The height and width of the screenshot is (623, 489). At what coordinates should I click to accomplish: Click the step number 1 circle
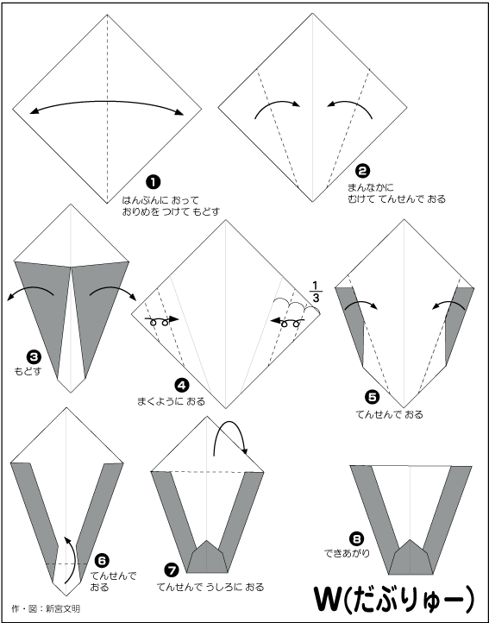154,182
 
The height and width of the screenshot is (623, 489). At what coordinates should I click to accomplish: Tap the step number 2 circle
362,171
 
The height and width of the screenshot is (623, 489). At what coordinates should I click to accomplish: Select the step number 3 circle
34,356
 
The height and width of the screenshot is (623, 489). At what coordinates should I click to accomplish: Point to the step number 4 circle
181,385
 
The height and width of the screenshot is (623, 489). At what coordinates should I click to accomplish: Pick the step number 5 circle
372,397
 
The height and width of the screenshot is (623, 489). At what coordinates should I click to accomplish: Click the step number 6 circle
102,561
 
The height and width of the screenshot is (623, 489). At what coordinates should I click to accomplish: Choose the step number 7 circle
172,570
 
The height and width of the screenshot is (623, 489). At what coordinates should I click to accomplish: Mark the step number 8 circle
356,539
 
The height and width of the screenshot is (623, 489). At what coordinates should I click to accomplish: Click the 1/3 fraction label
316,292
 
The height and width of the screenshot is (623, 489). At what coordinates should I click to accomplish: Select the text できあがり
348,552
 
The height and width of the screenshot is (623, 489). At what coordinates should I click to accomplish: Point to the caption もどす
28,372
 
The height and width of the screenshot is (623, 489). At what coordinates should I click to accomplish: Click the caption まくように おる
172,401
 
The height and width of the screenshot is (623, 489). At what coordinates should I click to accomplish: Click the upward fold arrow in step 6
72,560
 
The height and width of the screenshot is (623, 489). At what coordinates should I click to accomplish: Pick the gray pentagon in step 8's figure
410,557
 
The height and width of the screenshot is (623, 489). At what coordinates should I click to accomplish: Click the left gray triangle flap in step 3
45,306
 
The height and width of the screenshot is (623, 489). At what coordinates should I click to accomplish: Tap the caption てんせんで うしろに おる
210,587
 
